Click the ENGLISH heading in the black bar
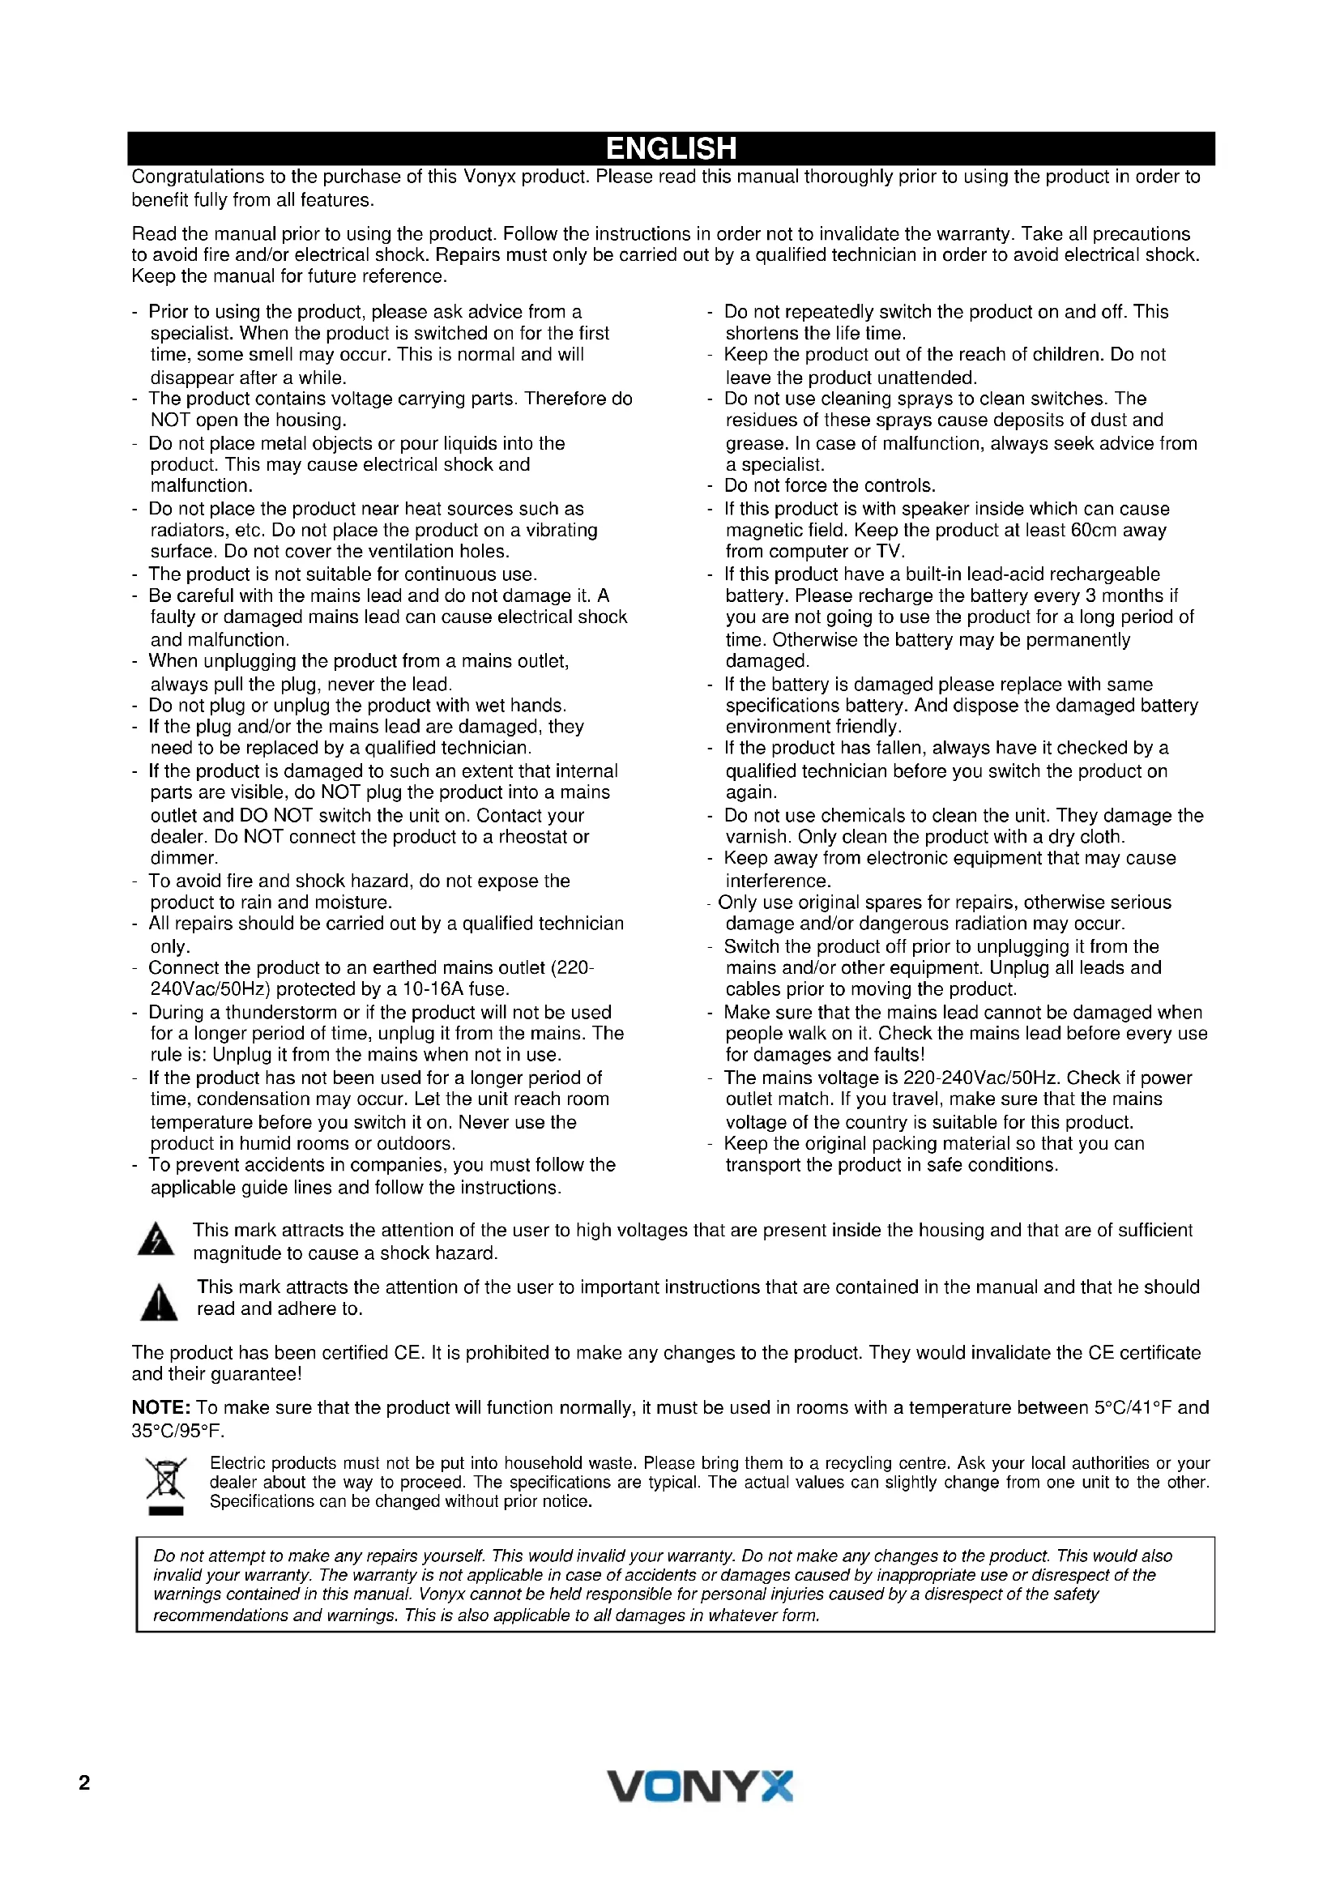670,148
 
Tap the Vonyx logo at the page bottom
700,1786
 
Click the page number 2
84,1782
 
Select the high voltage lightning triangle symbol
155,1240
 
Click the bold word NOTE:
162,1407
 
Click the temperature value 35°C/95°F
177,1430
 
